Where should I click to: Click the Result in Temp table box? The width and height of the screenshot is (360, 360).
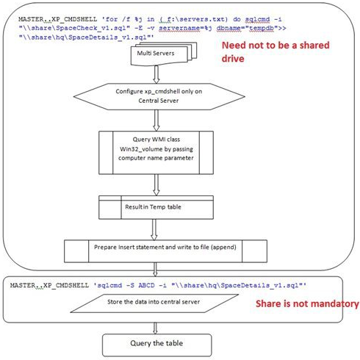click(155, 206)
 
